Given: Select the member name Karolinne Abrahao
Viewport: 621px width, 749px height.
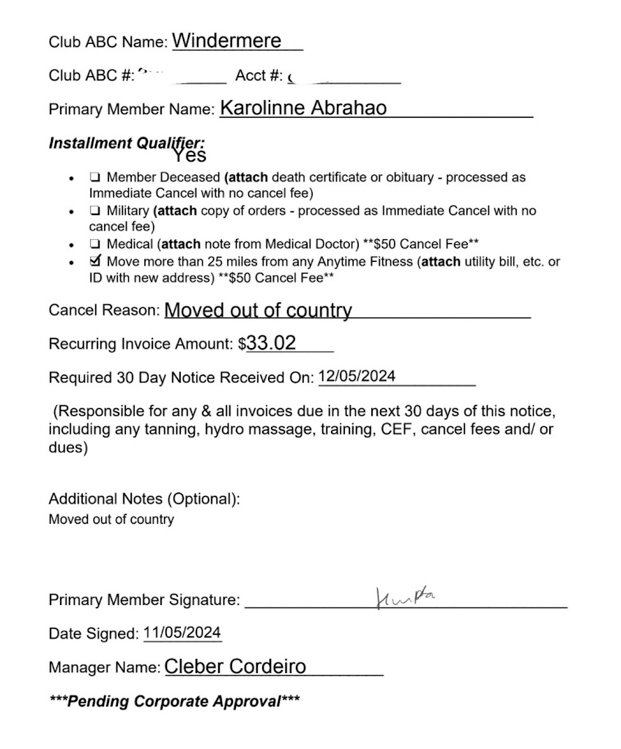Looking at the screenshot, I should point(303,108).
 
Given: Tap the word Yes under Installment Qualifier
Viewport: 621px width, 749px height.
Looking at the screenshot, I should point(190,155).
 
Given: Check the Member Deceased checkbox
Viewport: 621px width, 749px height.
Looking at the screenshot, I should point(95,178).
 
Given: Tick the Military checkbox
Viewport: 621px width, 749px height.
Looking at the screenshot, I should point(95,211).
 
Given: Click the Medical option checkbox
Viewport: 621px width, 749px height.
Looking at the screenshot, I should point(95,244).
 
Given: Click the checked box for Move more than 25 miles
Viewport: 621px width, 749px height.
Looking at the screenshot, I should point(95,260).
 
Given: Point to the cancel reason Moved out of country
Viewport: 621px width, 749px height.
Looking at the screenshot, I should point(258,310).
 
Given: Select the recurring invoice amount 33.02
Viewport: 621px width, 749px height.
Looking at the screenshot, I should point(271,342).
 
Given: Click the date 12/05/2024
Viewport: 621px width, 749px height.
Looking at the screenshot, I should point(357,377).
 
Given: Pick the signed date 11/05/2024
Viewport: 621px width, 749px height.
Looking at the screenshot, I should point(182,633).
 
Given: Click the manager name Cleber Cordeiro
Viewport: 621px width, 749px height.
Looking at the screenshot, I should point(235,666).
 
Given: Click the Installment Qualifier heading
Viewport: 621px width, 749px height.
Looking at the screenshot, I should point(127,143).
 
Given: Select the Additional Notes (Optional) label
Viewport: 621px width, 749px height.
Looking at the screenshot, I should point(144,500).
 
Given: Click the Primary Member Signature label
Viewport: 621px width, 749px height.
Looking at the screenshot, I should point(144,601).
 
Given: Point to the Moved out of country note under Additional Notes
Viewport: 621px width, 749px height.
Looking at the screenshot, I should point(111,520).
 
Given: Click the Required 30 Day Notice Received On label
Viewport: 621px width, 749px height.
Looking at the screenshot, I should point(181,378).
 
